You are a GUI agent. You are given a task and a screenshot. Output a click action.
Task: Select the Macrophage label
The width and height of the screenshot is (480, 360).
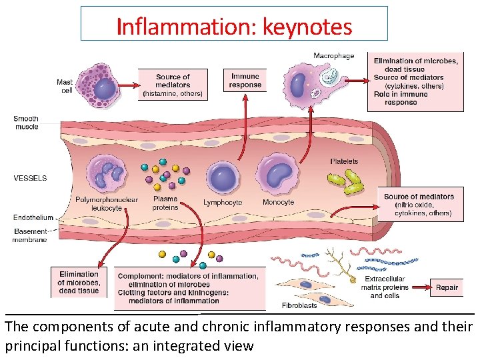pos(333,56)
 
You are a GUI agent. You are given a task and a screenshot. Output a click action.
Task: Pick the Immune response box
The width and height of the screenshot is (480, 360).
pos(245,81)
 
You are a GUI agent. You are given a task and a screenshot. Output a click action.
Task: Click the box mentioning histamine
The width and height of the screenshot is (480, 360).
pos(173,85)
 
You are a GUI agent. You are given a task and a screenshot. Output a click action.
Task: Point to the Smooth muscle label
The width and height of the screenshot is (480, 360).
pos(27,123)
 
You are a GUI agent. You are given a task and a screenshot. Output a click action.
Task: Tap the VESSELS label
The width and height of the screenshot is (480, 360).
pos(30,178)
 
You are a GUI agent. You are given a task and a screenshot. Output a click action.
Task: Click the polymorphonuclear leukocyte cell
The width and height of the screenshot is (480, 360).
pos(107,173)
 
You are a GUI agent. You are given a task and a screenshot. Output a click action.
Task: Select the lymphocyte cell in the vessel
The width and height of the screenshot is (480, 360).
pos(222,177)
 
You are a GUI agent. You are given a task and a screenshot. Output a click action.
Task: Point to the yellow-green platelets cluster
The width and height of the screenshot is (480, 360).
pos(345,181)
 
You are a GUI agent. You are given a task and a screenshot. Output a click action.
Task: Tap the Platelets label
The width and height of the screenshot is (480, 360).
pos(344,161)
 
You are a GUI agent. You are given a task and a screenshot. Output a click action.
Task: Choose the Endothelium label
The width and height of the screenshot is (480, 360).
pos(33,217)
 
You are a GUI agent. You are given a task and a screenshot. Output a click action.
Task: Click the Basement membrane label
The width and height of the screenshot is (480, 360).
pos(31,235)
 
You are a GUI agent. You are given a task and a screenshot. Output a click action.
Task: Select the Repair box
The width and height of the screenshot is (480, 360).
pos(447,287)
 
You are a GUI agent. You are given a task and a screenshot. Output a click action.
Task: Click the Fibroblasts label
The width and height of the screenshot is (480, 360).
pos(300,305)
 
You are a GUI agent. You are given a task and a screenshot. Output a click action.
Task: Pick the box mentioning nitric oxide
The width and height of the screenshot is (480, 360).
pos(419,205)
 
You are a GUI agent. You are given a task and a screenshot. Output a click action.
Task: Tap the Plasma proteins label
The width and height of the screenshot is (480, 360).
pos(165,203)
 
